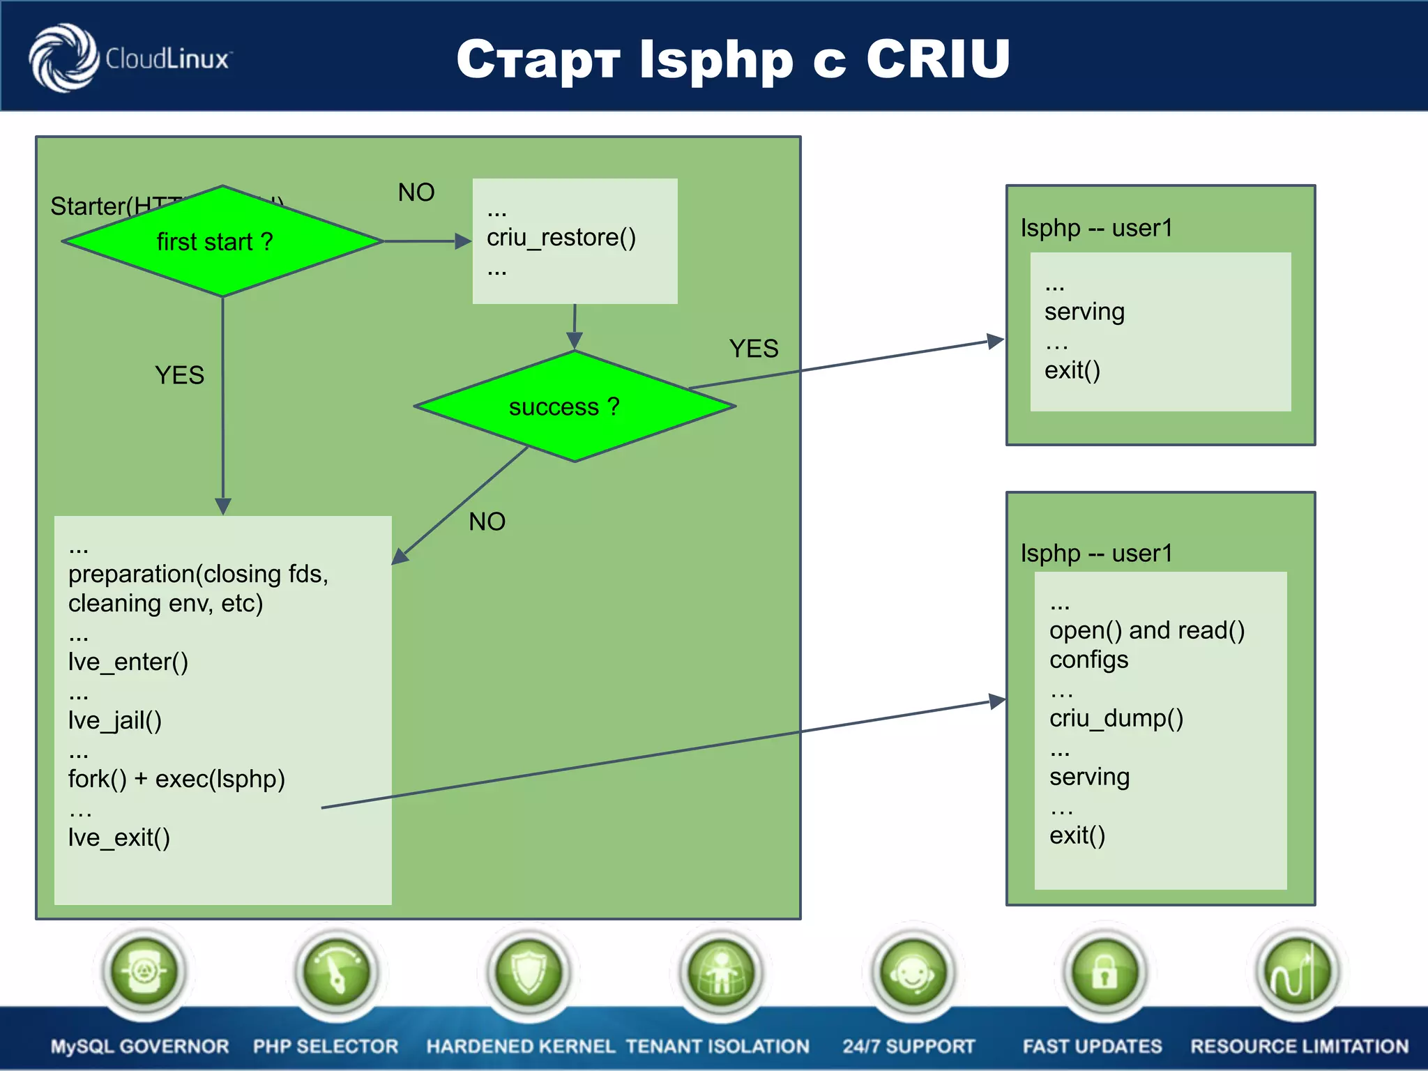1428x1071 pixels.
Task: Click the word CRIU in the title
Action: pyautogui.click(x=938, y=59)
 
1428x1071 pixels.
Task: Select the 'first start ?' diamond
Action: pyautogui.click(x=222, y=241)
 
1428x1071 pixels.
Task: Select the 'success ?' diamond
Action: pyautogui.click(x=574, y=407)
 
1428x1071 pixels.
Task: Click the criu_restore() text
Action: pyautogui.click(x=561, y=238)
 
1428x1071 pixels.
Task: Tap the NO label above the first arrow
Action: pyautogui.click(x=416, y=192)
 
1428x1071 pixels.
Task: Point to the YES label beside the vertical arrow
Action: pyautogui.click(x=179, y=376)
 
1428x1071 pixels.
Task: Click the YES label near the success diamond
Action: pyautogui.click(x=753, y=349)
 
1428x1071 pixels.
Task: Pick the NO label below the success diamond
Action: pyautogui.click(x=487, y=522)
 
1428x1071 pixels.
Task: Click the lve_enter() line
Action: pyautogui.click(x=128, y=662)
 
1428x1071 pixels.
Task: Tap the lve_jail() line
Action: pyautogui.click(x=115, y=720)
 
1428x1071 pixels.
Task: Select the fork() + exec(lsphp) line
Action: pyautogui.click(x=176, y=779)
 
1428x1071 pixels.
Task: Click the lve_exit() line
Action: pyautogui.click(x=119, y=837)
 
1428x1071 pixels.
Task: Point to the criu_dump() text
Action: pyautogui.click(x=1116, y=718)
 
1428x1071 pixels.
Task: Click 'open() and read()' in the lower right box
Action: pyautogui.click(x=1147, y=630)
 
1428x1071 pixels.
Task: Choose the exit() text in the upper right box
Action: pyautogui.click(x=1072, y=370)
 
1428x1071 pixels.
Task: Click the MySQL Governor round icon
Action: pyautogui.click(x=144, y=971)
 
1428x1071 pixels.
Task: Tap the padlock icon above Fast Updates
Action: pyautogui.click(x=1104, y=971)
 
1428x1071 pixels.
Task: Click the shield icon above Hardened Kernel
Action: pyautogui.click(x=529, y=971)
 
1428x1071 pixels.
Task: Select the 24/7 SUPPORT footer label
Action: pyautogui.click(x=909, y=1046)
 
